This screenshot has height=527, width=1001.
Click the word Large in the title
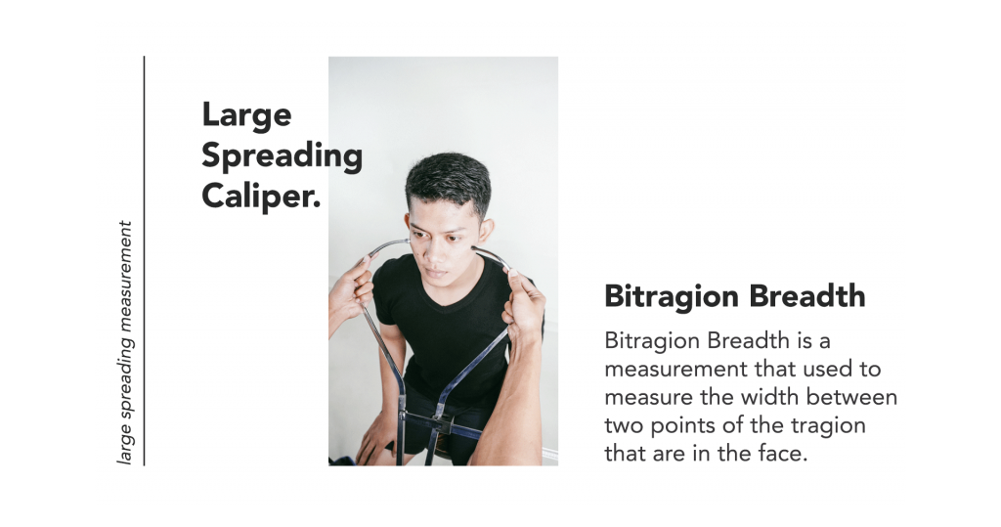(246, 116)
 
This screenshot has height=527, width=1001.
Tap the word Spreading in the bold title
(283, 156)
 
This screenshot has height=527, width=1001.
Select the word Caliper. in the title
(261, 197)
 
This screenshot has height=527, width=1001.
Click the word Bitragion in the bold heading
(672, 297)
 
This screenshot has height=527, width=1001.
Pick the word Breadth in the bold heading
(807, 295)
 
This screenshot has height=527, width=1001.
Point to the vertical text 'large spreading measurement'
(125, 342)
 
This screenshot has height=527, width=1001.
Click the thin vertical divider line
(145, 261)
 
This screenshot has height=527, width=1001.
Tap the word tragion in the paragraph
(829, 426)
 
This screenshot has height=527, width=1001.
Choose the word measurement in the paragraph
(676, 370)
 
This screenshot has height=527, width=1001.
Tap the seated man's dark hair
(449, 182)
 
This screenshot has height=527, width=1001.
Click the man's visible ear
(487, 233)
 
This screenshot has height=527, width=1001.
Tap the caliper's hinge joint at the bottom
(441, 421)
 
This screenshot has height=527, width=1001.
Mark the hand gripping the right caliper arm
(524, 300)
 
